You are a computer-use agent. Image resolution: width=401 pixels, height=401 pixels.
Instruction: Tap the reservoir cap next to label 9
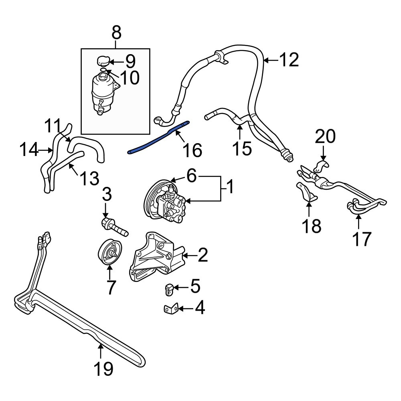coord(103,61)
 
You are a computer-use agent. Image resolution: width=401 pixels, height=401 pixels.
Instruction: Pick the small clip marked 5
coord(169,288)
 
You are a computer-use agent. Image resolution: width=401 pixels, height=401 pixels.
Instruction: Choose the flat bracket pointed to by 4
coord(170,309)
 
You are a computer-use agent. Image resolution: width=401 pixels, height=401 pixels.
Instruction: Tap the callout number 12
coord(289,60)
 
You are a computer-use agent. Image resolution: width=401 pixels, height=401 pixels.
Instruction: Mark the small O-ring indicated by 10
coord(103,70)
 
